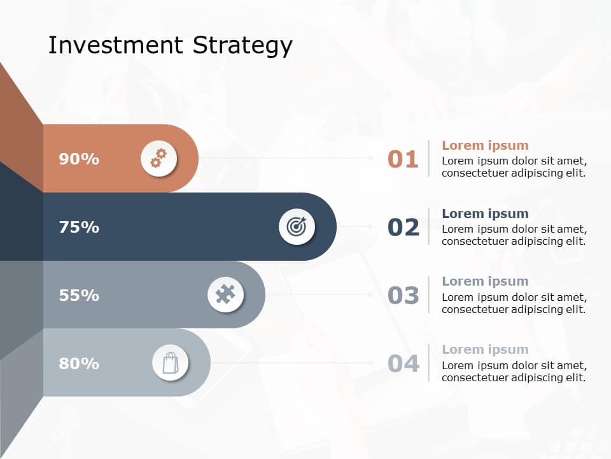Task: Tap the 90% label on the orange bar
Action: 79,159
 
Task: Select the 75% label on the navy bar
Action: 79,227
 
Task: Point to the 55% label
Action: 79,295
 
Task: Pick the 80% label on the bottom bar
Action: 79,363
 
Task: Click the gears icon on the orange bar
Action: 158,158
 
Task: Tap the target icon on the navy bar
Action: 297,226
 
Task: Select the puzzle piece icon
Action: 226,295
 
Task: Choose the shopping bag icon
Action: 170,363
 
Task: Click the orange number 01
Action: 403,159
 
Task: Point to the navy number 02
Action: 404,228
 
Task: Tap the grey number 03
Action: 404,296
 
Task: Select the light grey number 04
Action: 404,364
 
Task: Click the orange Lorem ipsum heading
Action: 485,145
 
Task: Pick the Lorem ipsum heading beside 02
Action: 485,214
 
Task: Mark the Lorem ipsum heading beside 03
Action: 485,281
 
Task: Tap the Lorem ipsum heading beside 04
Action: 485,349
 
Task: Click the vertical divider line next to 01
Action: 428,158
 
